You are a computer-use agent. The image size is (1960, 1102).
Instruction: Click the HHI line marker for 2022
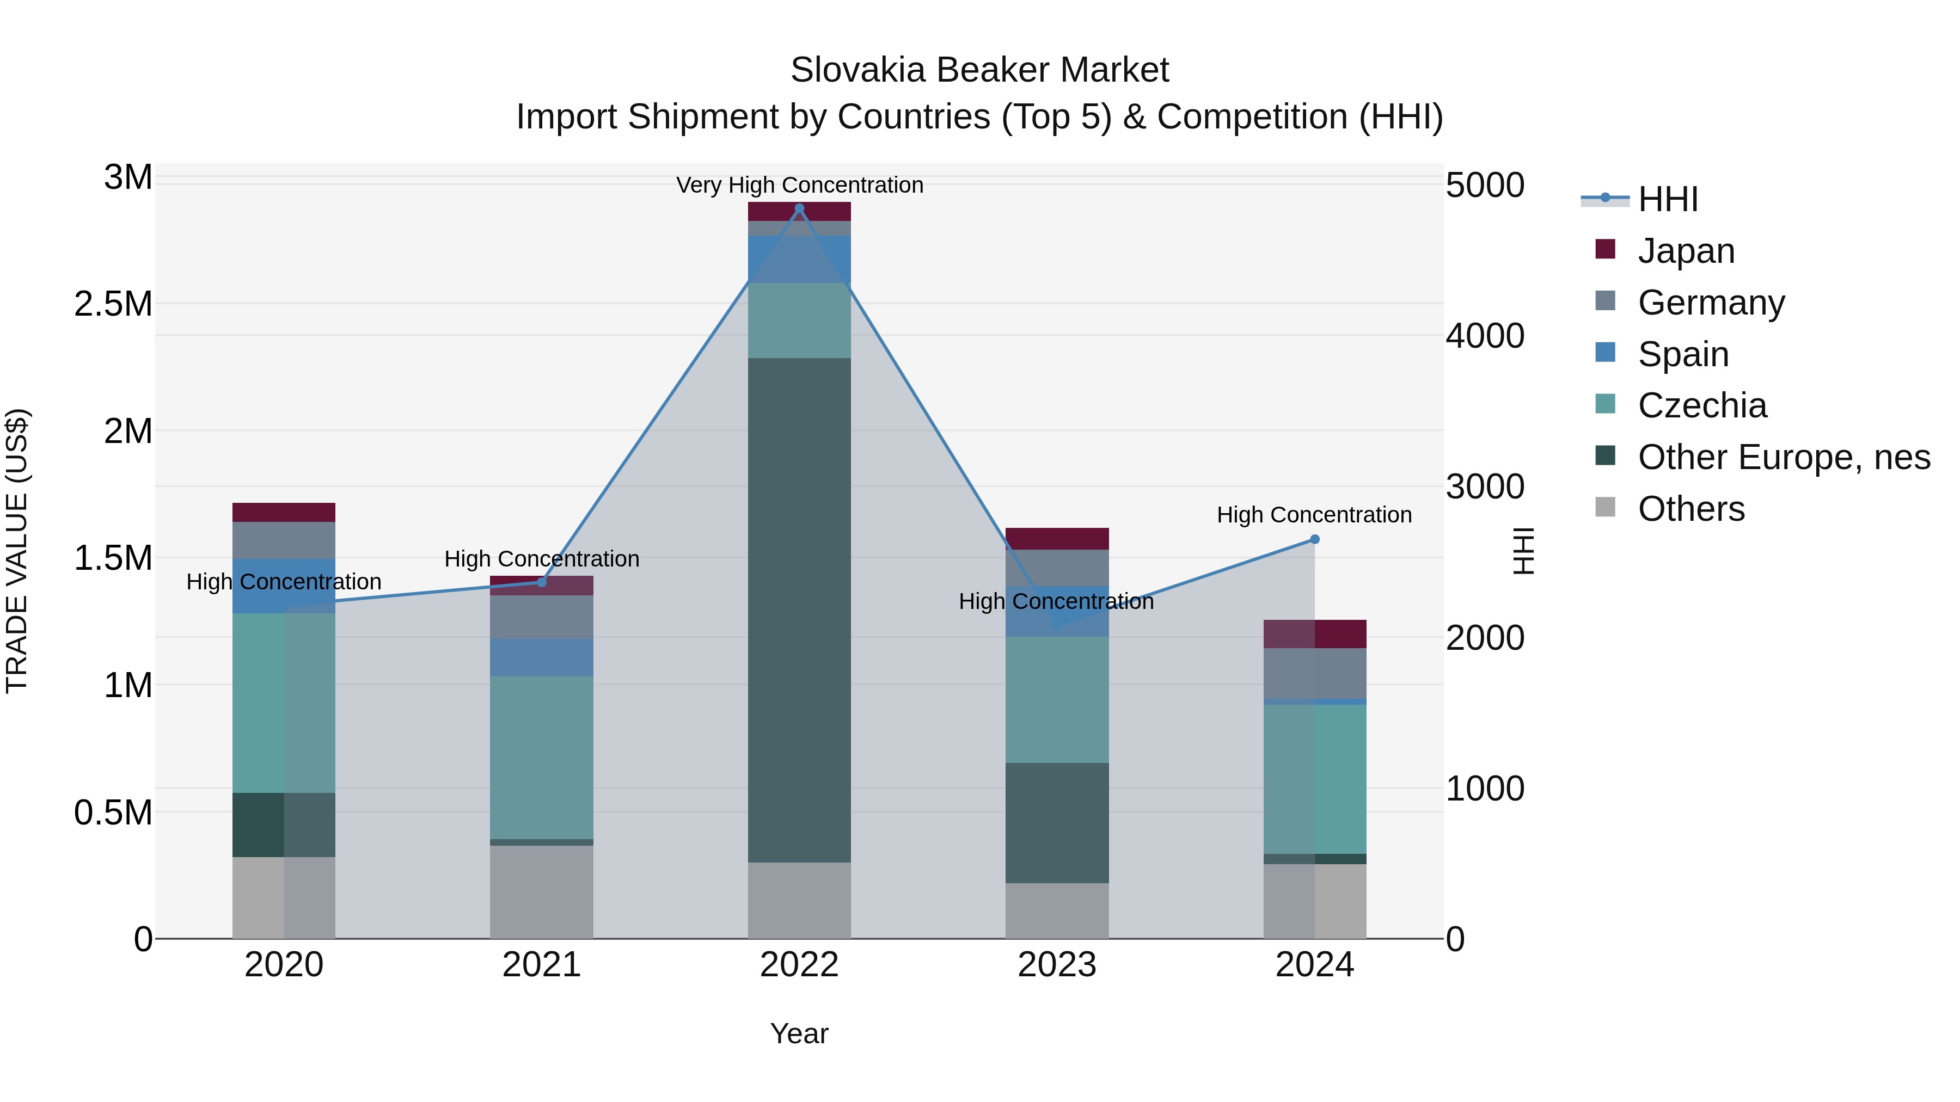click(799, 208)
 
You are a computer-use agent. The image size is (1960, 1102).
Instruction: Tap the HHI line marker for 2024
click(1314, 539)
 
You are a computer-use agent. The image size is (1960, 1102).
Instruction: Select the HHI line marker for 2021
click(542, 582)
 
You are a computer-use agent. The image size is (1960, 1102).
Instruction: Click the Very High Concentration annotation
click(799, 185)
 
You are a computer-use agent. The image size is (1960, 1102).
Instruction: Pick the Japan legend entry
click(1685, 251)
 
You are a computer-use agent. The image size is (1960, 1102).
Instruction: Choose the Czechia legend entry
click(1701, 405)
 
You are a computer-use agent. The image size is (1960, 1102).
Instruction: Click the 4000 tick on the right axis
click(1485, 336)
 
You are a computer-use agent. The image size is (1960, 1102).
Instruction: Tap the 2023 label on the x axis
click(1057, 965)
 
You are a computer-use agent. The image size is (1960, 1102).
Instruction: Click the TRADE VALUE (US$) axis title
click(17, 551)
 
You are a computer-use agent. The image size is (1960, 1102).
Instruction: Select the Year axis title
click(799, 1033)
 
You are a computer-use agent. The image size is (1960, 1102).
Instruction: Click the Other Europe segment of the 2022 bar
click(799, 608)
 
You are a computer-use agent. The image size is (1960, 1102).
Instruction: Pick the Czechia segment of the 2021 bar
click(542, 757)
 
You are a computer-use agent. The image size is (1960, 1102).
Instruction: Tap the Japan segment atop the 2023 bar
click(1057, 538)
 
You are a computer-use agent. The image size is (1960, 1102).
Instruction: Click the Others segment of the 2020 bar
click(284, 897)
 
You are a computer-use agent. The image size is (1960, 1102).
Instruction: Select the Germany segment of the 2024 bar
click(1314, 673)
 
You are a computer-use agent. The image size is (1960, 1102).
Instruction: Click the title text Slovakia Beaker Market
click(979, 70)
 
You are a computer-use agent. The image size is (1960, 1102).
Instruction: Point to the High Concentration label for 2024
click(1314, 515)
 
